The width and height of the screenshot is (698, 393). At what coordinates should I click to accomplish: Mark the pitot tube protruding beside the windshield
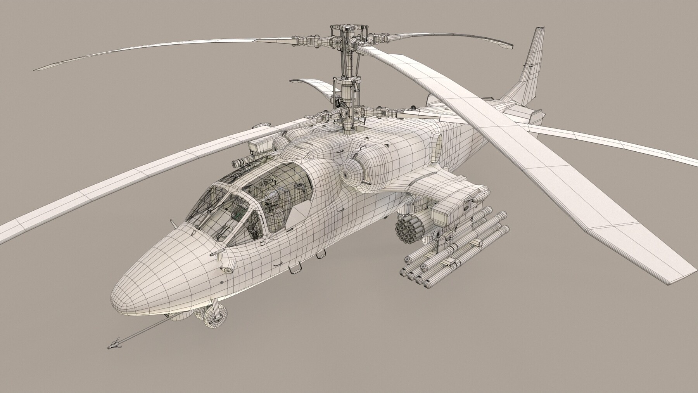point(173,224)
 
